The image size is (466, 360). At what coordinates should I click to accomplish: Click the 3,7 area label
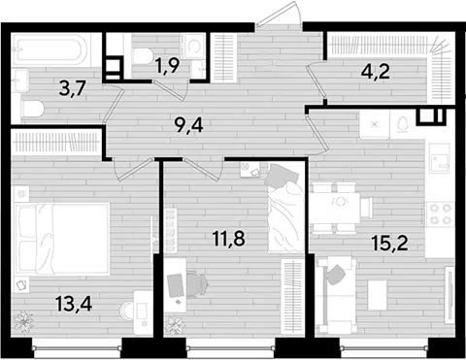pyautogui.click(x=73, y=88)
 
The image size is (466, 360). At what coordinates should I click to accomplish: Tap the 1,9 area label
pyautogui.click(x=167, y=67)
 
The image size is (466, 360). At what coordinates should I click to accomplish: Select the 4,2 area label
pyautogui.click(x=376, y=72)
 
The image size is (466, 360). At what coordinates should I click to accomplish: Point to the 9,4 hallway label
pyautogui.click(x=188, y=125)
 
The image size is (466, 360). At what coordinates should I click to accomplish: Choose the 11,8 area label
pyautogui.click(x=229, y=239)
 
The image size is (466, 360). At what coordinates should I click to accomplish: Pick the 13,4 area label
pyautogui.click(x=74, y=304)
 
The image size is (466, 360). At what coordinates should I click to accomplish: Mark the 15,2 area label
pyautogui.click(x=389, y=243)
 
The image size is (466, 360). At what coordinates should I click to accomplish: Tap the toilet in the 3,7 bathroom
pyautogui.click(x=33, y=109)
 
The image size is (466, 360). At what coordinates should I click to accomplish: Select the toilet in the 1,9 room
pyautogui.click(x=143, y=55)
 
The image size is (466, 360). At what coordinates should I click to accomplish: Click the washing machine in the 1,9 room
pyautogui.click(x=193, y=46)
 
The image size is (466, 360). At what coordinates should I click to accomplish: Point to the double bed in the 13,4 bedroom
pyautogui.click(x=62, y=240)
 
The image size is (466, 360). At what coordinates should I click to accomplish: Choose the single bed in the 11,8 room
pyautogui.click(x=285, y=207)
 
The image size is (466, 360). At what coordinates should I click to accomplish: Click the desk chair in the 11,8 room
pyautogui.click(x=196, y=284)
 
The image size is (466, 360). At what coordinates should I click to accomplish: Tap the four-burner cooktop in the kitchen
pyautogui.click(x=439, y=214)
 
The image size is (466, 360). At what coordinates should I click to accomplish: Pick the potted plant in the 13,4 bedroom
pyautogui.click(x=23, y=321)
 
